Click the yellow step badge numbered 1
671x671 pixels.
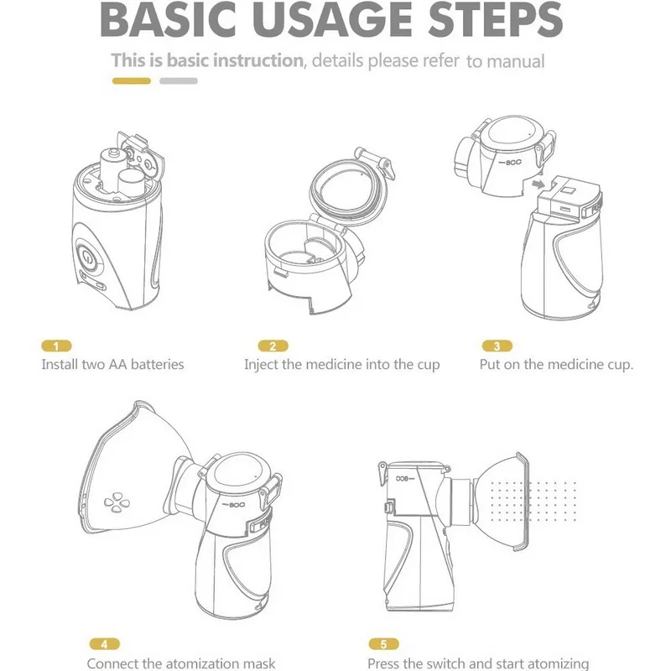[x=56, y=346]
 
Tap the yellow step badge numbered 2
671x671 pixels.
[x=273, y=346]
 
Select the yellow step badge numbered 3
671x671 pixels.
[x=497, y=346]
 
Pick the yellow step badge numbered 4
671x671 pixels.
[x=104, y=643]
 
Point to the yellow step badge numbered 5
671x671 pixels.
[x=383, y=643]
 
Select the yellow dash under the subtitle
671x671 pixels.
[x=132, y=81]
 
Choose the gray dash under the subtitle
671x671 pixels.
[x=179, y=81]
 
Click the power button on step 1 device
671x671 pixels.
[x=87, y=258]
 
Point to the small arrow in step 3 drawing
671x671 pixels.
[x=538, y=185]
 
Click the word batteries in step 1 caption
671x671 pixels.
[x=157, y=364]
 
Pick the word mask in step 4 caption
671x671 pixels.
[x=259, y=663]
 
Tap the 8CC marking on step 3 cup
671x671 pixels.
[x=511, y=163]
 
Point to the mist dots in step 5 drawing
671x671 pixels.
[x=533, y=502]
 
